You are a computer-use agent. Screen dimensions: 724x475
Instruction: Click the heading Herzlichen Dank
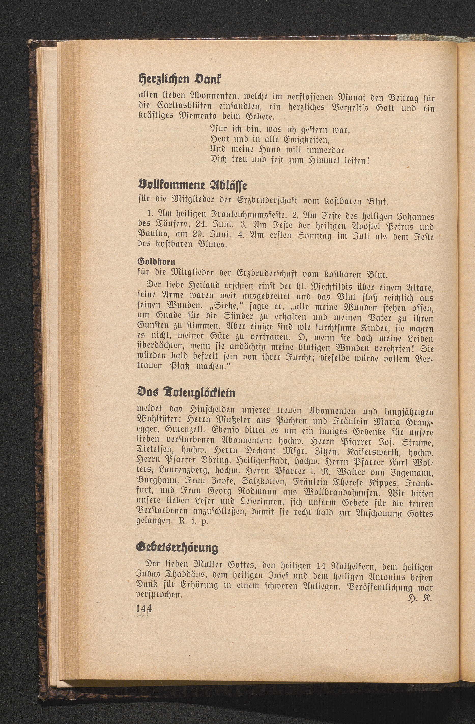[x=179, y=80]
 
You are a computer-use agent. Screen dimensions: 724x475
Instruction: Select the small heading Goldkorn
[x=156, y=261]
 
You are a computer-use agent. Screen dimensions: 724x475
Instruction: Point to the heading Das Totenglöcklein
[x=186, y=393]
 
